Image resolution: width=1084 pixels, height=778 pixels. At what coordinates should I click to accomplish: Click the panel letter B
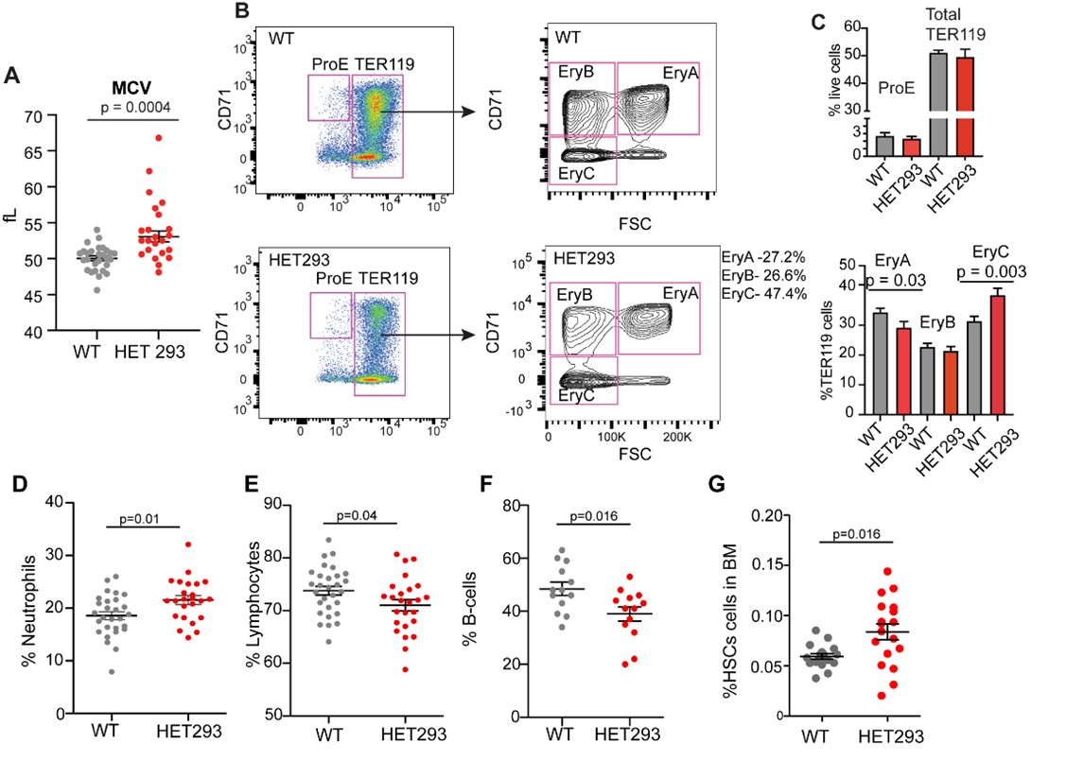click(x=241, y=12)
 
